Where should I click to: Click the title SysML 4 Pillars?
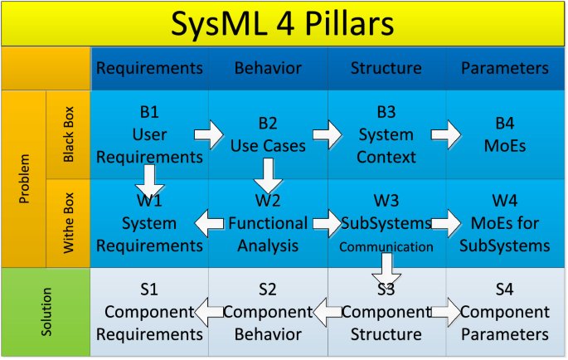[x=283, y=23]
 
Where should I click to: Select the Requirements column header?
[x=150, y=68]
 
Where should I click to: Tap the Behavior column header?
[x=267, y=68]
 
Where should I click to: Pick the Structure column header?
[x=386, y=68]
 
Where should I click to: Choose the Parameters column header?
[x=504, y=68]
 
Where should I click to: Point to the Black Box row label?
[x=69, y=134]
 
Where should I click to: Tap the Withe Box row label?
[x=69, y=221]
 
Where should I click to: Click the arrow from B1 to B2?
[x=209, y=134]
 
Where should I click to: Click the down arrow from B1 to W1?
[x=150, y=178]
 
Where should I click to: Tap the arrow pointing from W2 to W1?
[x=209, y=222]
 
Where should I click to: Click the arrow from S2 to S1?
[x=209, y=312]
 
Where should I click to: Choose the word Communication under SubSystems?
[x=386, y=246]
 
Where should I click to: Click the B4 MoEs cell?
[x=504, y=134]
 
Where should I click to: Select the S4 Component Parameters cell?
[x=504, y=312]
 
